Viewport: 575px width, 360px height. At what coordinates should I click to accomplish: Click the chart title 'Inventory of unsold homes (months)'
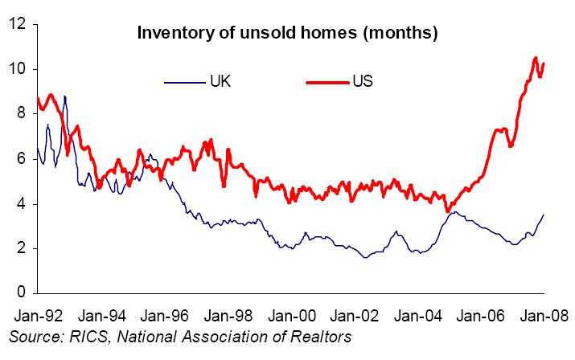coord(287,34)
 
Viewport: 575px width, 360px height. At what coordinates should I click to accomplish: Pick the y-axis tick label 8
coord(22,114)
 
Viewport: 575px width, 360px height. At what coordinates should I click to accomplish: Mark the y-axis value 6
coord(22,159)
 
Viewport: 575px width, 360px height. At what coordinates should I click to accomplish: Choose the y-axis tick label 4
coord(22,204)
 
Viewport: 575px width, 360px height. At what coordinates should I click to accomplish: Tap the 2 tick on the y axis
coord(22,248)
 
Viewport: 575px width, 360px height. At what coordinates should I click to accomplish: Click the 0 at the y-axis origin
coord(22,292)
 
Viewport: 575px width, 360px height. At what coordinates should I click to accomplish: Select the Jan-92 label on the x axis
coord(36,314)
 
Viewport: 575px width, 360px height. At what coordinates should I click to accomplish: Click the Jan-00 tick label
coord(291,314)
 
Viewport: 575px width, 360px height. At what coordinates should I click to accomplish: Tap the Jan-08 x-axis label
coord(544,314)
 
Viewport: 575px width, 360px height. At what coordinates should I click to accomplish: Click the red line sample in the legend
coord(328,81)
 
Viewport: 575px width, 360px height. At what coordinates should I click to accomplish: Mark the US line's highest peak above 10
coord(536,58)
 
